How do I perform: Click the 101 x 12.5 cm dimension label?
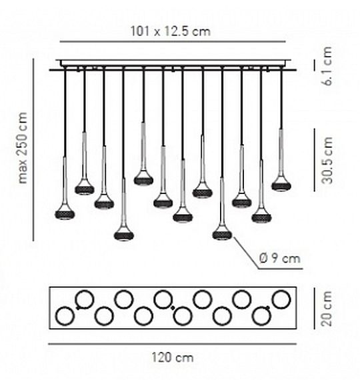171,31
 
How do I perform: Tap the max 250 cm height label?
23,147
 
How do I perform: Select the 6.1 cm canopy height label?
327,66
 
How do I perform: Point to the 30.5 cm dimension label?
327,160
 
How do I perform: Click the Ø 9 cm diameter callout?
280,259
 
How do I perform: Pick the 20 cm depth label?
326,309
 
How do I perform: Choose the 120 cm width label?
173,357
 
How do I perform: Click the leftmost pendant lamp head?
65,212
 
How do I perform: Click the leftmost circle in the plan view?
65,316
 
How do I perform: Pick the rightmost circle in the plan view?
281,299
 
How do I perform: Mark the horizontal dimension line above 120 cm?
173,343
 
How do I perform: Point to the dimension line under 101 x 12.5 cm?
173,42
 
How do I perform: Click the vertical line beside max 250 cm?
33,149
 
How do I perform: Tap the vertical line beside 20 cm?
315,308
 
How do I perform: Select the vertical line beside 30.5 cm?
315,160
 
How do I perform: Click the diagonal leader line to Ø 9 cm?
246,253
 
